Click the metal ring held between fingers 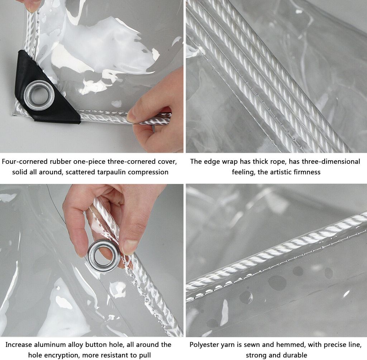click(x=104, y=256)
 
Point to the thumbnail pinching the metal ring click(x=129, y=247)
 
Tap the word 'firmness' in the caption click(x=309, y=172)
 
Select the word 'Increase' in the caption click(x=19, y=345)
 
